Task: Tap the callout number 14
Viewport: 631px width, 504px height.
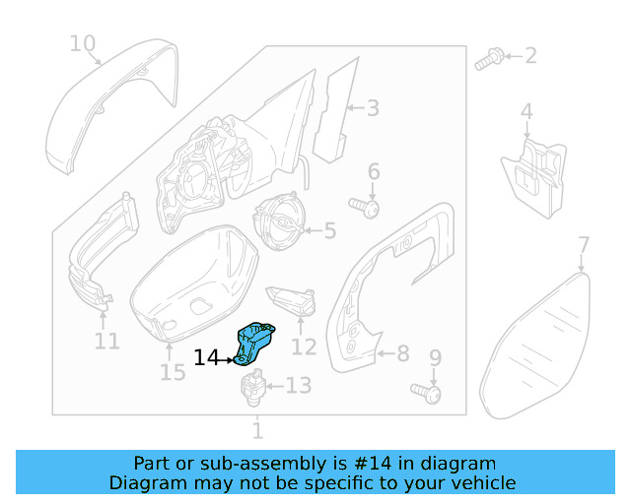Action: pos(207,358)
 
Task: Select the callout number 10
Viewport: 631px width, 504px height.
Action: pos(83,43)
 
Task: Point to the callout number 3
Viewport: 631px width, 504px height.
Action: pos(373,107)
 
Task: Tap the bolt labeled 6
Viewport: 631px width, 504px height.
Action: pos(370,209)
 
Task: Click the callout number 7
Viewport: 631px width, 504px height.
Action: pos(583,244)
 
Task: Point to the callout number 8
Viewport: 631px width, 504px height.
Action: pos(402,352)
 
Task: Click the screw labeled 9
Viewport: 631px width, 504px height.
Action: pos(430,394)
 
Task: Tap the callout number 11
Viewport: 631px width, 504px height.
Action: pos(106,342)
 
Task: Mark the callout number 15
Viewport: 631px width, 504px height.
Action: pos(173,372)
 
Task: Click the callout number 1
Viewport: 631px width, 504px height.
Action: pos(257,430)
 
